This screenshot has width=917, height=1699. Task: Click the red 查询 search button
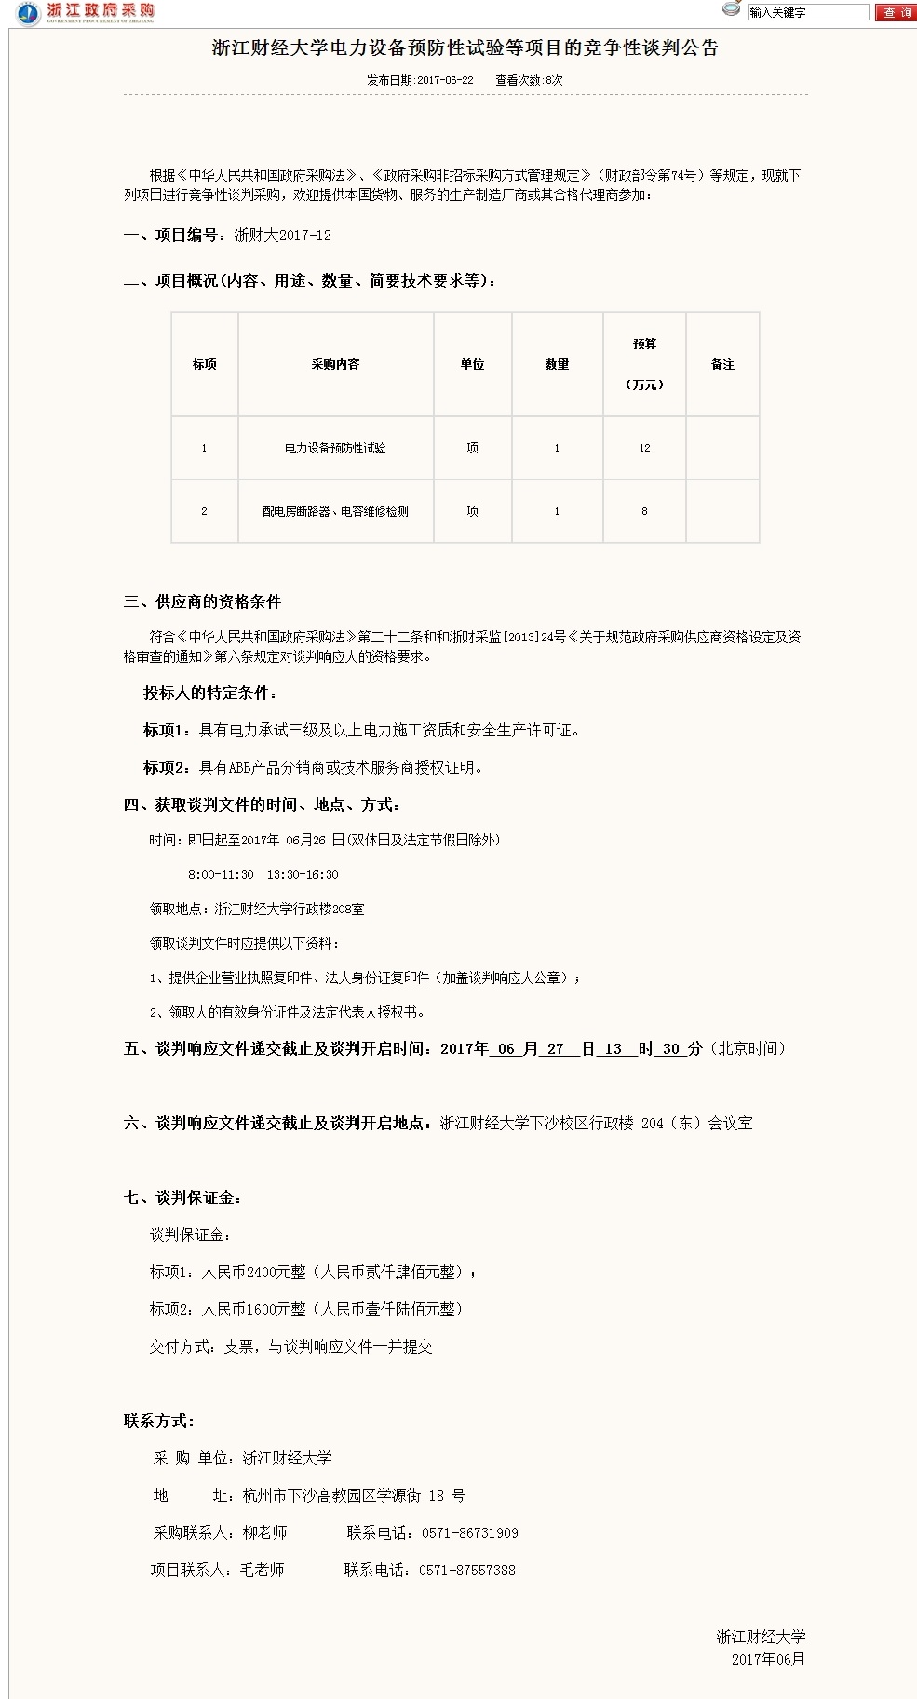coord(897,12)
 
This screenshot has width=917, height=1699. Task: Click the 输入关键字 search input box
coord(807,12)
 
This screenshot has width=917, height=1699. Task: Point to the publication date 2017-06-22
coord(445,81)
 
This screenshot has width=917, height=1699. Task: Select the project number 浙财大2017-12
coord(282,236)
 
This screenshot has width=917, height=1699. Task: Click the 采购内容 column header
coord(335,364)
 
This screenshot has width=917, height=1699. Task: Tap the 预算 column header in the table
coord(644,344)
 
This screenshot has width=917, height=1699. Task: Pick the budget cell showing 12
coord(644,448)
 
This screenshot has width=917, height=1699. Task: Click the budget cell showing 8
coord(644,511)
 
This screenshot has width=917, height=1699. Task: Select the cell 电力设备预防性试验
coord(335,448)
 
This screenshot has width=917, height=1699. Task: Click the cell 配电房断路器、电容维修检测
coord(335,511)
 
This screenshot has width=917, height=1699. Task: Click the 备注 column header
coord(722,364)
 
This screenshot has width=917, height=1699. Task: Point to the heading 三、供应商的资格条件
coord(202,601)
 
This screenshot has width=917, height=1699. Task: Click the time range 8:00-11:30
coord(221,875)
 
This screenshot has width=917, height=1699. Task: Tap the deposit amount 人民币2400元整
coord(253,1272)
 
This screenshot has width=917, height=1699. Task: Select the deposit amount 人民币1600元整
coord(253,1309)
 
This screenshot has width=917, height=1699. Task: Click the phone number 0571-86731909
coord(469,1532)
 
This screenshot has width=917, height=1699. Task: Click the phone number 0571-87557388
coord(466,1570)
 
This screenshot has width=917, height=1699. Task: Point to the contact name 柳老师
coord(264,1532)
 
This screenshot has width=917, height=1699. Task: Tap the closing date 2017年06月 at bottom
coord(768,1659)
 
